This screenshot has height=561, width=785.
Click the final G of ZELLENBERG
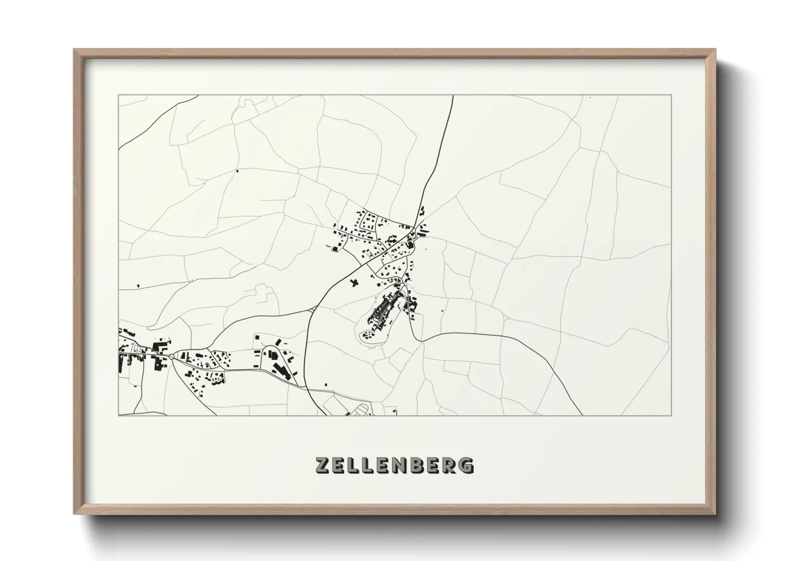(467, 465)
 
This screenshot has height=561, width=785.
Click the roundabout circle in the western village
(171, 360)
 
